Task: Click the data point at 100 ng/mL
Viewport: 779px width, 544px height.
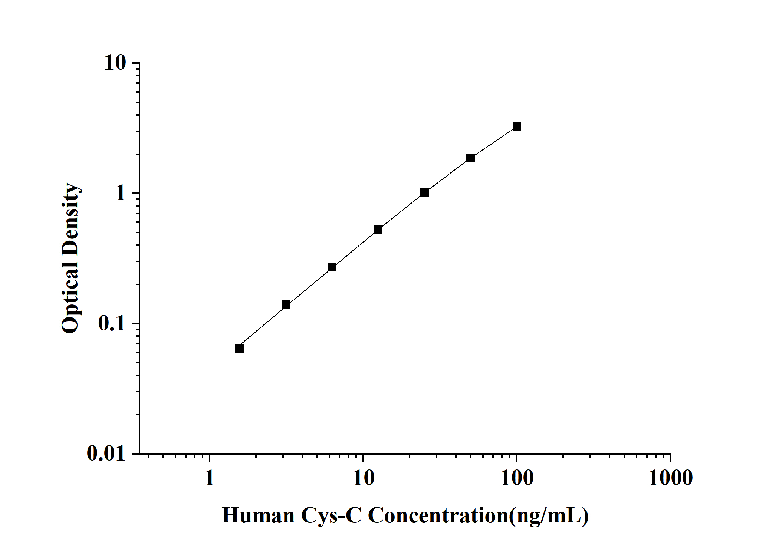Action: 517,126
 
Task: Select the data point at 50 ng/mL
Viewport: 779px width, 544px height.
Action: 471,158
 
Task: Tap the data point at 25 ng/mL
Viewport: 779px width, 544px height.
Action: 425,192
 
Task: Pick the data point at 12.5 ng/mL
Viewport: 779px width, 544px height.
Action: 378,230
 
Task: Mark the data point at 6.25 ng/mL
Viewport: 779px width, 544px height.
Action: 332,267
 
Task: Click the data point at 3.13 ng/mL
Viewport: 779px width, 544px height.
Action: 286,305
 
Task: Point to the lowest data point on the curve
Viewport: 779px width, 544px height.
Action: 239,349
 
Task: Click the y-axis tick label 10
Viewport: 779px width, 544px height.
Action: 115,63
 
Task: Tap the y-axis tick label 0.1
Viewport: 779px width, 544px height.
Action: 112,323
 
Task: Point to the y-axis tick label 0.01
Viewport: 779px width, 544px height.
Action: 106,453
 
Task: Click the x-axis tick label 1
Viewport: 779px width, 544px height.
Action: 210,478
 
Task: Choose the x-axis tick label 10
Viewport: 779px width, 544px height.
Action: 363,478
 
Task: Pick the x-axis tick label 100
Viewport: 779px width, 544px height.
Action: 517,478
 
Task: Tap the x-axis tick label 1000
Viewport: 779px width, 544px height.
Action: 670,478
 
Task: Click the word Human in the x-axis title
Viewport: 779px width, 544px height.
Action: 258,515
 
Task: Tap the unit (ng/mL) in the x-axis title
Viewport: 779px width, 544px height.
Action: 549,515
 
